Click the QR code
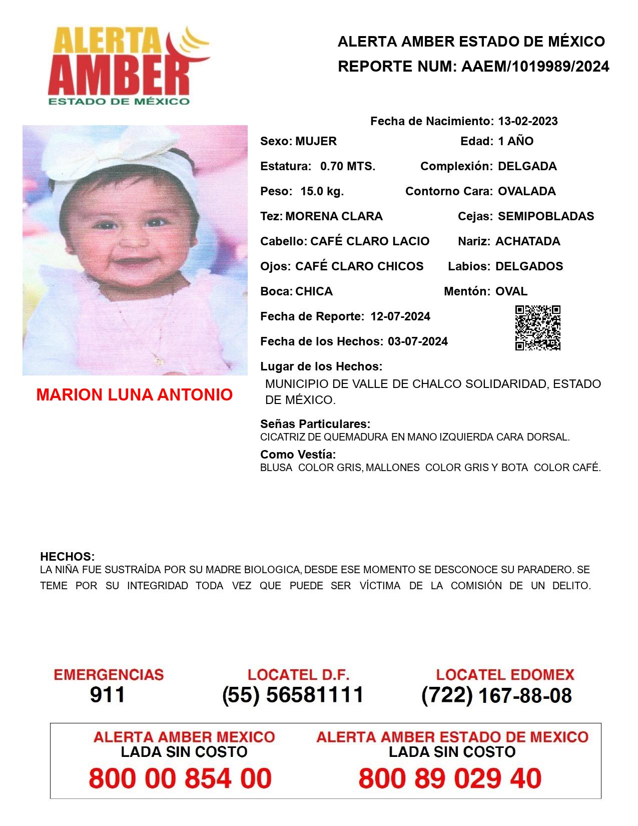538,328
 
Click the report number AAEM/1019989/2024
535,66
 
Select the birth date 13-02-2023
528,121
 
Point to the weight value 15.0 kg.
322,191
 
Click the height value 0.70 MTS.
348,166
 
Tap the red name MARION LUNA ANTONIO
135,395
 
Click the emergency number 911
108,695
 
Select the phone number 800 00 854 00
180,778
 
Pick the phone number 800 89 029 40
450,778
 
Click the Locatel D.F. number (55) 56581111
293,695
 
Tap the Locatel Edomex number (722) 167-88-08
496,695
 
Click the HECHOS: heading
67,557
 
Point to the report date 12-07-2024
400,316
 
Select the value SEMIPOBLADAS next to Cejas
546,216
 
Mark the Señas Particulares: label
315,424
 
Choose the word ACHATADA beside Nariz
527,241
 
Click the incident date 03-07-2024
418,341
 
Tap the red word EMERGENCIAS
109,675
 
